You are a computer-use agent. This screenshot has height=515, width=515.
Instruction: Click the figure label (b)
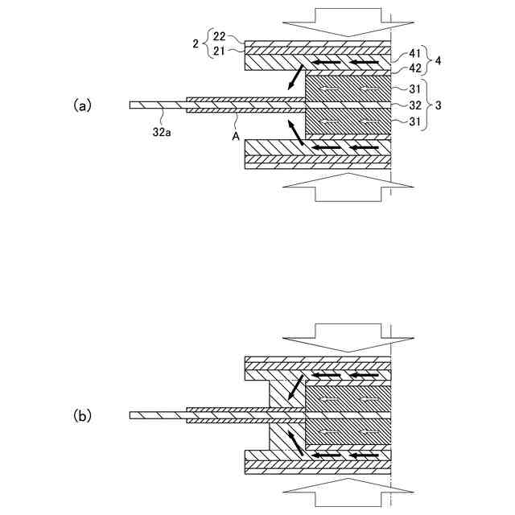(x=83, y=416)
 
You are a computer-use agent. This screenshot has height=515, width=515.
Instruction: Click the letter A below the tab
(x=236, y=136)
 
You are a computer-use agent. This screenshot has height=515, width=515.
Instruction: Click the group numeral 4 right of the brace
(x=437, y=60)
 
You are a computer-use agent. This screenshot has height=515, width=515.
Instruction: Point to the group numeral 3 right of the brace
(x=437, y=105)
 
